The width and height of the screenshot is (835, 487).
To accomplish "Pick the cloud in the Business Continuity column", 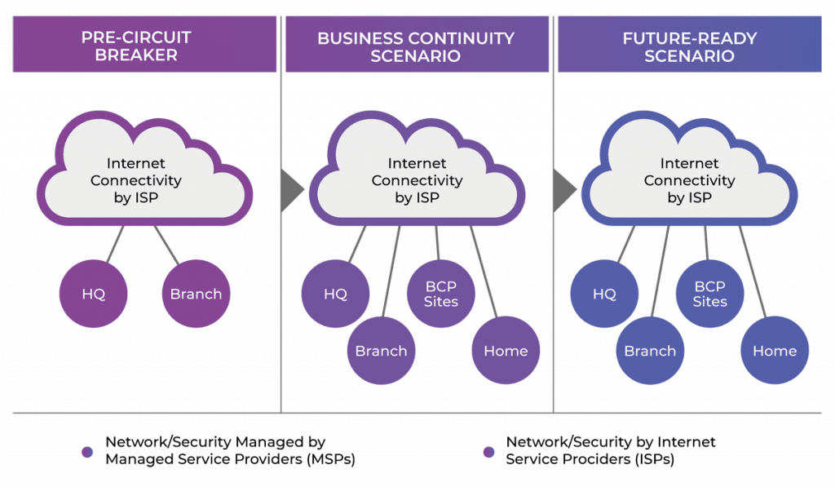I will pyautogui.click(x=416, y=179).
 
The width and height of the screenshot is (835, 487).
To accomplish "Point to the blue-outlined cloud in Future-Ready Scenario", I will pyautogui.click(x=689, y=179).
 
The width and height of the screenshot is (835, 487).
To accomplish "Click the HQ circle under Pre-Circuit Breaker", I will pyautogui.click(x=94, y=294).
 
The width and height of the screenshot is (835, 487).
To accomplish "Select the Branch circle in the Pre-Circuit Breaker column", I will pyautogui.click(x=196, y=294).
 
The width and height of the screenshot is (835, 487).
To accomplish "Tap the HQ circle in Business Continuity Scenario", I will pyautogui.click(x=335, y=294).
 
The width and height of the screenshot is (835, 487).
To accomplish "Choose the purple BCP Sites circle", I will pyautogui.click(x=441, y=294).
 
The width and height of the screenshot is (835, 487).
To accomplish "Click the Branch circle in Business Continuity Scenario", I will pyautogui.click(x=381, y=351).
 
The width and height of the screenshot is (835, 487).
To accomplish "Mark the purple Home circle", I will pyautogui.click(x=506, y=351).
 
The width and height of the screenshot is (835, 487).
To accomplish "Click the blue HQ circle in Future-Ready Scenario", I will pyautogui.click(x=604, y=294).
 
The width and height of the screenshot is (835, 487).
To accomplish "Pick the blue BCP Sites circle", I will pyautogui.click(x=709, y=294).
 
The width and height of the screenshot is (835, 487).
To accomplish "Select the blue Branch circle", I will pyautogui.click(x=650, y=351).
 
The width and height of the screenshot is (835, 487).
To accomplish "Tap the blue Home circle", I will pyautogui.click(x=775, y=351).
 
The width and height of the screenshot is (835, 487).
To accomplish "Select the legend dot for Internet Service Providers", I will pyautogui.click(x=488, y=451).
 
